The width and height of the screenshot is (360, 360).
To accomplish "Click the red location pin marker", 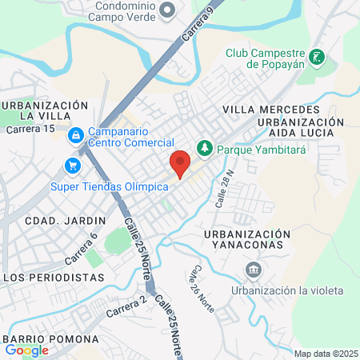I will tap(180, 162).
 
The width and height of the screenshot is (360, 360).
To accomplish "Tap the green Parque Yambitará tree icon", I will tap(206, 148).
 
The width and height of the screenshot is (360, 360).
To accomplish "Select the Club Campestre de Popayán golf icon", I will tap(318, 57).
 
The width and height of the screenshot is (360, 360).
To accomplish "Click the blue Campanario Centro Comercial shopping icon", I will tap(76, 136).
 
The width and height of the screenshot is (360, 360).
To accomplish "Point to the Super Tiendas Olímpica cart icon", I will tap(74, 166).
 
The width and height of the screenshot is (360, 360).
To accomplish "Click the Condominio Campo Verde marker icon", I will tap(167, 10).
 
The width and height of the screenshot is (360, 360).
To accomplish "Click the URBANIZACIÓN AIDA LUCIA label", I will tap(300, 127).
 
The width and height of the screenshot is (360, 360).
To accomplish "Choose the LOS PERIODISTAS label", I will tap(54, 277).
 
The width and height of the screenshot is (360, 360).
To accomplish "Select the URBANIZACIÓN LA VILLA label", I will tap(44, 111).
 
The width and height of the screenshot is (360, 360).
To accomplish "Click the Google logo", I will tap(26, 350).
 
